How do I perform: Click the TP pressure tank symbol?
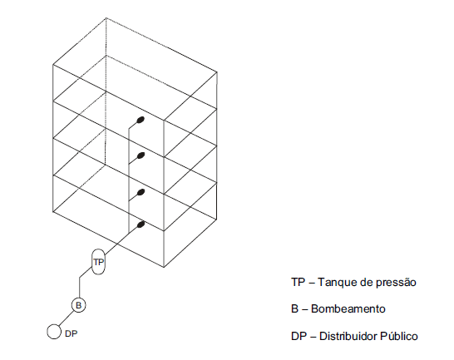98,262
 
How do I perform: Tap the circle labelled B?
78,305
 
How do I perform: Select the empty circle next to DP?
54,332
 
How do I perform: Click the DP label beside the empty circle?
72,333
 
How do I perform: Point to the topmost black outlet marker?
141,120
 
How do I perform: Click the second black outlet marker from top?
141,155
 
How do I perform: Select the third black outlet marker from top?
141,192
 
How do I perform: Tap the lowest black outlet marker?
141,224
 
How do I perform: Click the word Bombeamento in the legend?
348,308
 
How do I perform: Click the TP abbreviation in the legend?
299,282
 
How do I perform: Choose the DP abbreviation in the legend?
299,336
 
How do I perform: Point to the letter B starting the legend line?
294,308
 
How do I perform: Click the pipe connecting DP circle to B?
66,318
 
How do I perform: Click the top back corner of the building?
106,18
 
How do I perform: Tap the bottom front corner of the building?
164,267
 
